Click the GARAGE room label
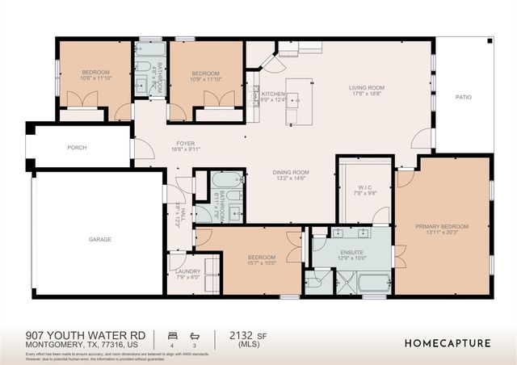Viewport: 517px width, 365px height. pyautogui.click(x=99, y=240)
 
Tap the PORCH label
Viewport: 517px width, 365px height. pyautogui.click(x=77, y=148)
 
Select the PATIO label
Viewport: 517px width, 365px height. pyautogui.click(x=463, y=98)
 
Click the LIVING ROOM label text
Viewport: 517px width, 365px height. pyautogui.click(x=366, y=88)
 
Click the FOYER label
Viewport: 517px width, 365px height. pyautogui.click(x=186, y=144)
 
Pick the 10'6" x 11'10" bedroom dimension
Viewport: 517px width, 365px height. pyautogui.click(x=95, y=79)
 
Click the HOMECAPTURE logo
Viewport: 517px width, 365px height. pyautogui.click(x=448, y=342)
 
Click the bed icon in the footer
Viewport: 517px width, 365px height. pyautogui.click(x=171, y=334)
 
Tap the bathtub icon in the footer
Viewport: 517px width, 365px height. pyautogui.click(x=193, y=334)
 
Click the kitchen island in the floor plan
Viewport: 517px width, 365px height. pyautogui.click(x=301, y=103)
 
